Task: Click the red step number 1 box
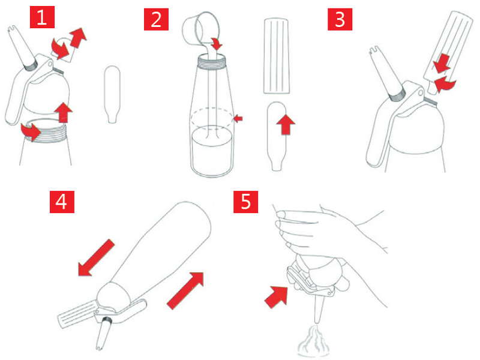point(42,17)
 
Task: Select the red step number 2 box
point(156,19)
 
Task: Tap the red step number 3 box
point(340,19)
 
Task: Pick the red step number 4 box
point(62,202)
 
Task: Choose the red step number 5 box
point(246,202)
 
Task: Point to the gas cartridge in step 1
point(112,94)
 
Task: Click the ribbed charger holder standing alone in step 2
point(277,56)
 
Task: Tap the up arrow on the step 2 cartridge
point(286,124)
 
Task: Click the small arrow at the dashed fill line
point(238,118)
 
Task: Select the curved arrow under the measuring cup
point(217,44)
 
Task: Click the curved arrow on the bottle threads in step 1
point(31,131)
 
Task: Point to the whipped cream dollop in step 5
point(314,341)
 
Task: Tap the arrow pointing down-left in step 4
point(96,258)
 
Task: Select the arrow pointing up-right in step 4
point(185,290)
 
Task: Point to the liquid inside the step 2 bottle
point(211,150)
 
